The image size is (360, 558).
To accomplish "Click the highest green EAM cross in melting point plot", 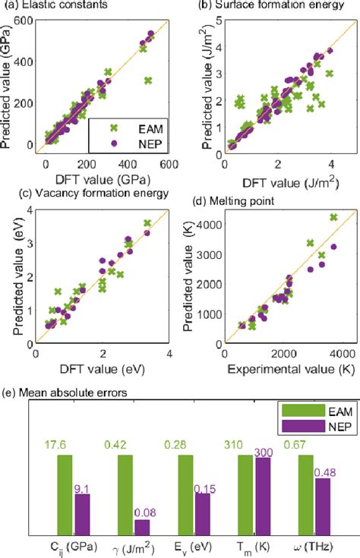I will click(332, 218).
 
